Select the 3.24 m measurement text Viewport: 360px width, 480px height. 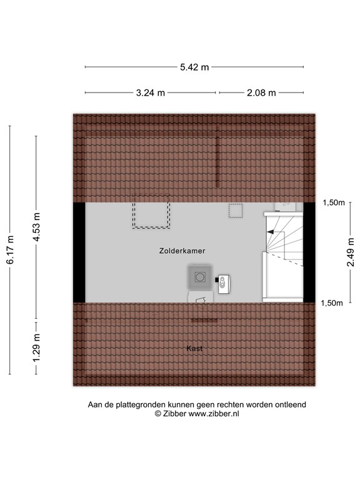151,93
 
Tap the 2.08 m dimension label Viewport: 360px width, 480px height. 261,93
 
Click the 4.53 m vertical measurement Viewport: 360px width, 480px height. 36,222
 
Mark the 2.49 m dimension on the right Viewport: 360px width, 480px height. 351,253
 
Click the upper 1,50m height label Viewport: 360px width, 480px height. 333,202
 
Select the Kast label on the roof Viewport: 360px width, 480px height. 194,348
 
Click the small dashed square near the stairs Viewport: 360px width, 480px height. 236,211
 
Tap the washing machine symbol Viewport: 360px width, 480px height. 199,276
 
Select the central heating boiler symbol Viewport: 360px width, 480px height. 225,283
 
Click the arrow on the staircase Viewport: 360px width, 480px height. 271,232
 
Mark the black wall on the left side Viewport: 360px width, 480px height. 79,252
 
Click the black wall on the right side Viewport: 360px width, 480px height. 309,252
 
